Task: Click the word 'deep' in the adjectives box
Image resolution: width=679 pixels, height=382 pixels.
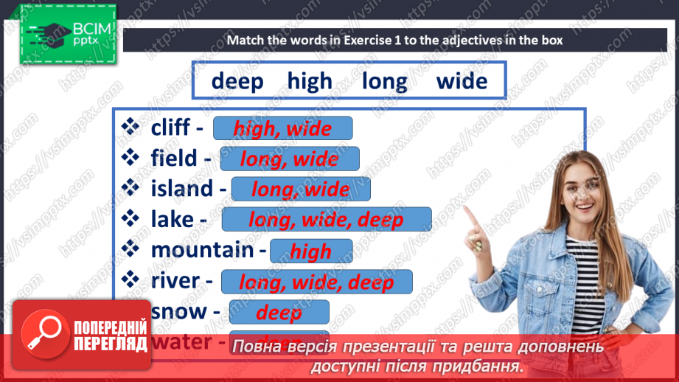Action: (237, 80)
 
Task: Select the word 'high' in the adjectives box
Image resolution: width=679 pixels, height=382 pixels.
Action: (310, 80)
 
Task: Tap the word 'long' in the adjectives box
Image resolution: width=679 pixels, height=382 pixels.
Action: (384, 80)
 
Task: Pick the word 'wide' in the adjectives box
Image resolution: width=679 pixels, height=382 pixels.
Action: (462, 80)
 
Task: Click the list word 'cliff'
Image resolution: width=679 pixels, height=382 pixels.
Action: (170, 128)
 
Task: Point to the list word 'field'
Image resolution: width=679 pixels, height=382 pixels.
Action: (174, 158)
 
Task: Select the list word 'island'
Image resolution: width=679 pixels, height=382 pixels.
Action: (181, 189)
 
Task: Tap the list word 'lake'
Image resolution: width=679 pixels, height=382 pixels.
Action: (172, 219)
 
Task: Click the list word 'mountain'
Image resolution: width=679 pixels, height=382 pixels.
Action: (202, 250)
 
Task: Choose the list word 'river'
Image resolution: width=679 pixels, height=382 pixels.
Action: (175, 280)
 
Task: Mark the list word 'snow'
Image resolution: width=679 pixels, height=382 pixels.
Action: (178, 311)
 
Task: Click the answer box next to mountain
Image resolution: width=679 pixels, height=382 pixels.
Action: (311, 251)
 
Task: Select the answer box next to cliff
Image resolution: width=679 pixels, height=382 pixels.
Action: (282, 129)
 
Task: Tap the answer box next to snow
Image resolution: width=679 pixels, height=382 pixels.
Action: (279, 313)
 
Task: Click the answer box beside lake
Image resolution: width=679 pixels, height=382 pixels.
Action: (326, 220)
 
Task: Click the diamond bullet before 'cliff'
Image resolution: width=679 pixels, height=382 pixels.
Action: (130, 128)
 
